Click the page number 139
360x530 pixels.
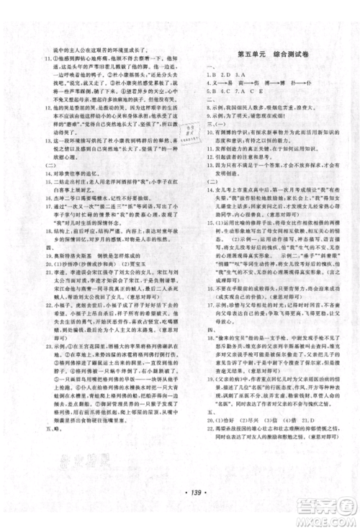179,507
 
